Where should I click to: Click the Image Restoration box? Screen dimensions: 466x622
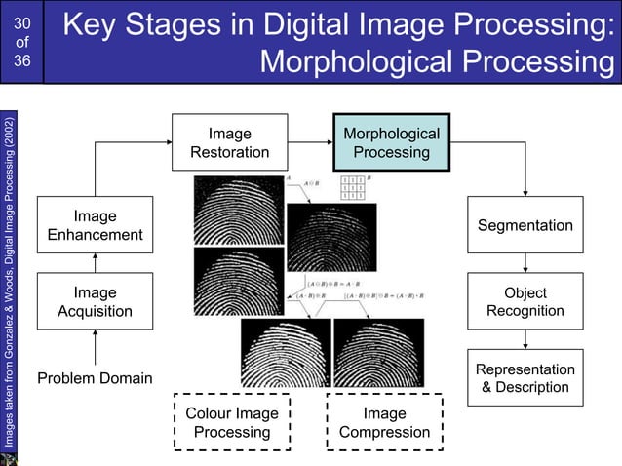pyautogui.click(x=230, y=142)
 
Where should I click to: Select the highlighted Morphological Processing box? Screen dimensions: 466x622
pyautogui.click(x=391, y=142)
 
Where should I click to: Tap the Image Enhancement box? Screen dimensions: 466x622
pyautogui.click(x=95, y=225)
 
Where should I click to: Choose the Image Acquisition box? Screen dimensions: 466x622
pyautogui.click(x=95, y=301)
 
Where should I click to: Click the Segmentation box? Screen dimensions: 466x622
pyautogui.click(x=525, y=225)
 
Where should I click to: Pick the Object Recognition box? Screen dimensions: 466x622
pyautogui.click(x=525, y=301)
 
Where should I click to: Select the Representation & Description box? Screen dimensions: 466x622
pyautogui.click(x=525, y=377)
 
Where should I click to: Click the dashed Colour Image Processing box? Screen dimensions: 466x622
pyautogui.click(x=232, y=422)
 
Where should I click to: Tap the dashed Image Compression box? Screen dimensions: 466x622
pyautogui.click(x=384, y=422)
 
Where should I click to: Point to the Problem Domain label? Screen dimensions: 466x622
pyautogui.click(x=95, y=377)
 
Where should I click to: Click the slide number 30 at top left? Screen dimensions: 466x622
pyautogui.click(x=23, y=21)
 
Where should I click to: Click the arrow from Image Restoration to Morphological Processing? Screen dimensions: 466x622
pyautogui.click(x=310, y=142)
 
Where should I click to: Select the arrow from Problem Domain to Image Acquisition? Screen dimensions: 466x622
pyautogui.click(x=95, y=347)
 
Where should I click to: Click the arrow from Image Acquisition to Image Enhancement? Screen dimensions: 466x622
pyautogui.click(x=95, y=263)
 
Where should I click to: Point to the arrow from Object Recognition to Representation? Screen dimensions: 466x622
pyautogui.click(x=525, y=338)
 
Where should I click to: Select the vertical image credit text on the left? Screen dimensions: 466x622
pyautogui.click(x=9, y=283)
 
